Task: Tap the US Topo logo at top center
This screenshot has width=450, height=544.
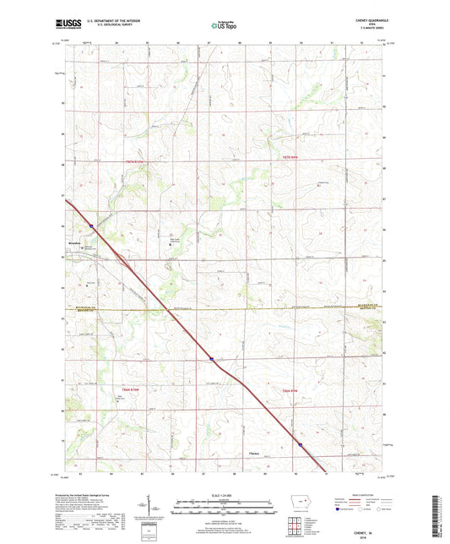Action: coord(222,26)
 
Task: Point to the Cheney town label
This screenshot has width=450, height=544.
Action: coord(255,454)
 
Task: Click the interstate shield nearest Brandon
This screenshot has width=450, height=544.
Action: coord(91,226)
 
